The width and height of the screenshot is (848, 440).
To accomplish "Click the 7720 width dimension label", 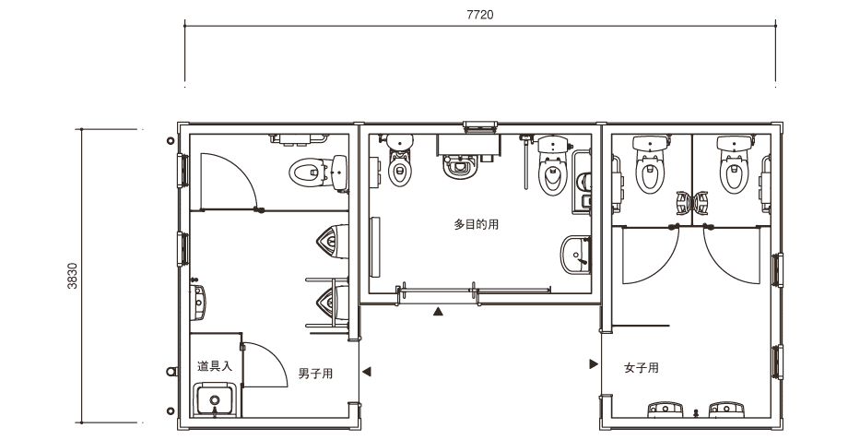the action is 479,15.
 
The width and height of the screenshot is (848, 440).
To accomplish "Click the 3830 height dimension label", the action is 73,276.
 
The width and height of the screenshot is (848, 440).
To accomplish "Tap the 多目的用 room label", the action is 476,224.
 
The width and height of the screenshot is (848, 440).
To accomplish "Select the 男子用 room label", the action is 315,374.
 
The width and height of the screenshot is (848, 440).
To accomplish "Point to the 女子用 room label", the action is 642,368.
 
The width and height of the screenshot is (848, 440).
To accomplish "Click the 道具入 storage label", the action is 215,366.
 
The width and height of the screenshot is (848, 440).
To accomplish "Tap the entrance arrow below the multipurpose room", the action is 438,311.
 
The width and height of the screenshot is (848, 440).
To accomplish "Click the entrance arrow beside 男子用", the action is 366,371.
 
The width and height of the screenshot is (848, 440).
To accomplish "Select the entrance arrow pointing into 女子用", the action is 594,364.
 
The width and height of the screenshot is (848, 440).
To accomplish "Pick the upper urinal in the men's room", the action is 332,242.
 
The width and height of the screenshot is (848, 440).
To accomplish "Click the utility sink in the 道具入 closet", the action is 216,399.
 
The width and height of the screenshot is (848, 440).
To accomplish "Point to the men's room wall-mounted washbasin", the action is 198,302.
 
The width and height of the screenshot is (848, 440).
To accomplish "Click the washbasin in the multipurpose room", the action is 576,255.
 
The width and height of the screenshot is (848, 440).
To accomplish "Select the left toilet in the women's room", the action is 651,163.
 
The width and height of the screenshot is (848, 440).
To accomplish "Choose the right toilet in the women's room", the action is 735,163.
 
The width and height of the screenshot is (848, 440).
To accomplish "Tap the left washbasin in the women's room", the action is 665,410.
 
